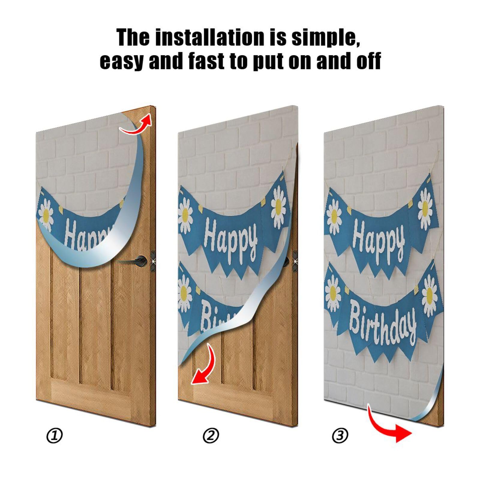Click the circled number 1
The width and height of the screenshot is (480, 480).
click(x=55, y=436)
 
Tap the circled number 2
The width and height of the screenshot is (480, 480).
click(x=211, y=436)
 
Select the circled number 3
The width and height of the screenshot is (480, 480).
click(x=340, y=436)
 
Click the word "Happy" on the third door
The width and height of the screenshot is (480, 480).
click(x=379, y=240)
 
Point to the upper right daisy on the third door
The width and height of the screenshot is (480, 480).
click(x=425, y=207)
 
